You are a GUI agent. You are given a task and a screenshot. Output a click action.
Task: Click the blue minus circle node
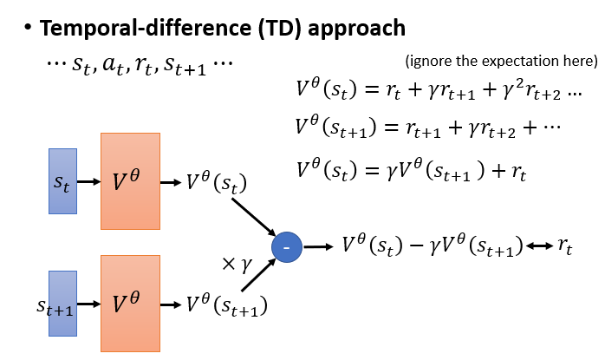(287, 247)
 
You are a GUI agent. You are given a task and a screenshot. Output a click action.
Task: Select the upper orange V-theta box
(130, 181)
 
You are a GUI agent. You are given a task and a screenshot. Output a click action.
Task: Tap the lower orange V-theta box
(130, 304)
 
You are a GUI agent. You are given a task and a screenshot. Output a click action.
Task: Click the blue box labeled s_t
(63, 181)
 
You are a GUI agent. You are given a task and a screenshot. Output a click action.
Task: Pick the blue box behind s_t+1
(63, 304)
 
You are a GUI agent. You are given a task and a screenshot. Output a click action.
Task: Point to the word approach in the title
(356, 29)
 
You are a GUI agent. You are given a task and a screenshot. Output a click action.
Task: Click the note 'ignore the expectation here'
(502, 61)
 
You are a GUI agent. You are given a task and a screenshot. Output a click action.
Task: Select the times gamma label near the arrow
(237, 265)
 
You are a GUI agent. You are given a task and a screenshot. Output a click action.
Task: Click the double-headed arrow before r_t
(539, 245)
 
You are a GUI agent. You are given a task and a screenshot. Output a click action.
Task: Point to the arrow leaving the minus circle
(318, 246)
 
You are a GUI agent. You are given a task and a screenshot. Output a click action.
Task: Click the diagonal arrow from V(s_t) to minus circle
(253, 217)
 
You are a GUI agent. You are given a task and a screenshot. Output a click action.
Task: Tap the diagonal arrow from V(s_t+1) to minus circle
(258, 275)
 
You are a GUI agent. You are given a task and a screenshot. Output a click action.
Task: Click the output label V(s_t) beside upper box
(217, 182)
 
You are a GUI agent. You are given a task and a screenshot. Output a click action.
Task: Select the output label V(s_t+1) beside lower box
(227, 304)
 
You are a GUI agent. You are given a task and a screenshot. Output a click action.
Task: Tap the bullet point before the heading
(28, 28)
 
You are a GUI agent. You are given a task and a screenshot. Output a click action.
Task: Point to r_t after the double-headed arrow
(565, 246)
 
